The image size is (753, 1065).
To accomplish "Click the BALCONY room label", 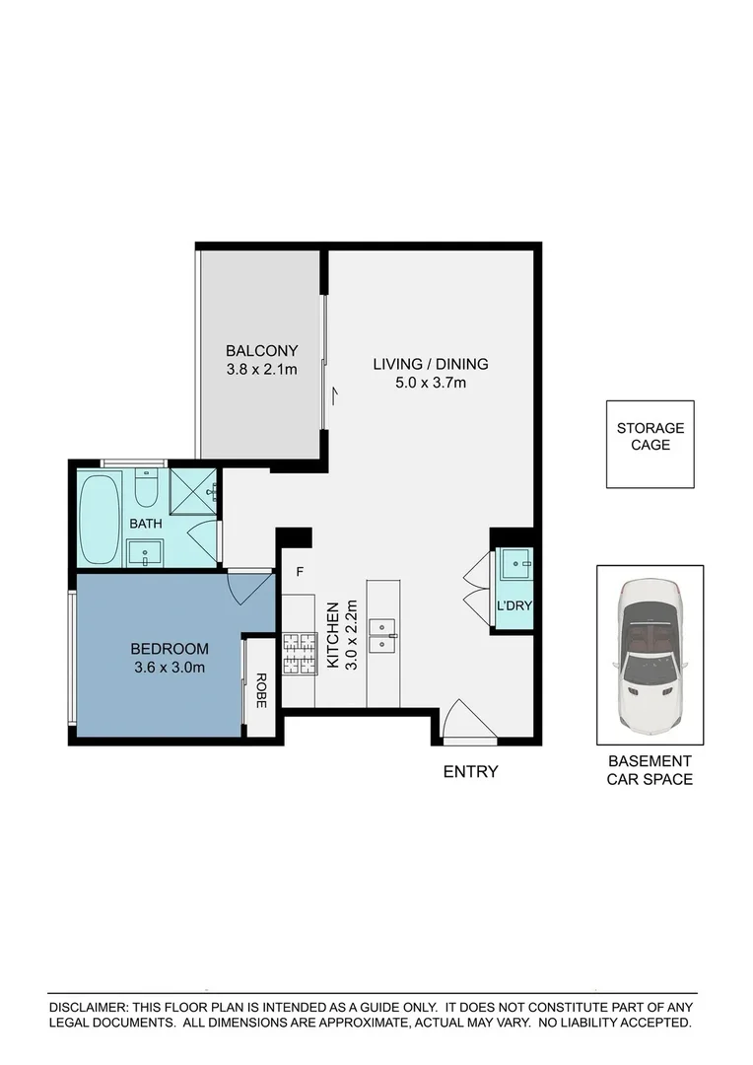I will point(261,350).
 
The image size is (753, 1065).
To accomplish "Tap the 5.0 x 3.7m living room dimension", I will point(431,383).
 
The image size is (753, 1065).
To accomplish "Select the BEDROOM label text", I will point(170,648).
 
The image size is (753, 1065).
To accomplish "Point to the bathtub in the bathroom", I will point(100,517).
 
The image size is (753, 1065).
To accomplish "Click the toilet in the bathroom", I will point(146,487).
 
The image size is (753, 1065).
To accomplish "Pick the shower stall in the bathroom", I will point(192,489).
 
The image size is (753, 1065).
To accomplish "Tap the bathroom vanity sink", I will point(146,552).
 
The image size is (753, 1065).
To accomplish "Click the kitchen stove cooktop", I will point(298,654).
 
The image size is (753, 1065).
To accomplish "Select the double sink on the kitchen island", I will point(382,636).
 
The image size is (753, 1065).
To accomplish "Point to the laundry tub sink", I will point(514,565).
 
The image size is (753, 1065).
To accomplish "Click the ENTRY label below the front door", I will point(470,772).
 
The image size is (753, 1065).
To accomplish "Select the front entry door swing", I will point(468,721).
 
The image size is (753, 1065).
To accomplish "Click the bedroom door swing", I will point(249,588).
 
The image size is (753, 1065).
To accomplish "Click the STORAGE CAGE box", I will point(650,444).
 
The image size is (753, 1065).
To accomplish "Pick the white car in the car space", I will point(649,655).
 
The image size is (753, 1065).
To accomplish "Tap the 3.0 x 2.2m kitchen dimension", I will point(349,636).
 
